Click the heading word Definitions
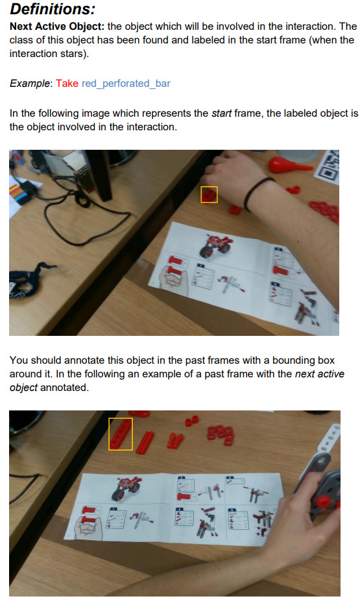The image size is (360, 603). tap(53, 8)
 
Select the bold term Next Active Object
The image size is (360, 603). tap(57, 26)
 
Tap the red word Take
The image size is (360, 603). tap(67, 84)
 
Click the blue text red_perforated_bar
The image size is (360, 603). tap(126, 84)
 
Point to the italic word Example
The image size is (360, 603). tap(30, 84)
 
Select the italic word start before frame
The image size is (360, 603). tap(222, 113)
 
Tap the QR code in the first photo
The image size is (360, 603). tap(327, 165)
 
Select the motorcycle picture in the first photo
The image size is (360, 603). tap(215, 245)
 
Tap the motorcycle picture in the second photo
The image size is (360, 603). tap(125, 487)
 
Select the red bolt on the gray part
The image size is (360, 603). tap(323, 501)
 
